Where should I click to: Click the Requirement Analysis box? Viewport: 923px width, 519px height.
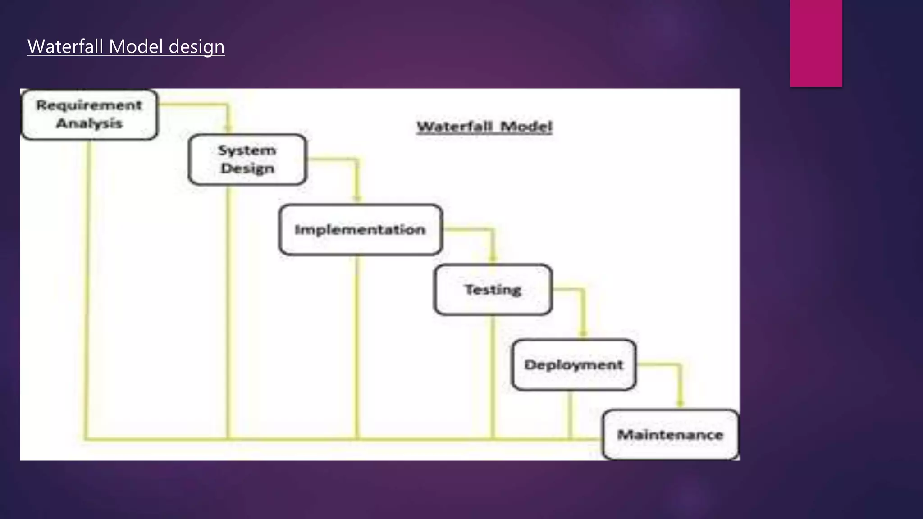coord(89,114)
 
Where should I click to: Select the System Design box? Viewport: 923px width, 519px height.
coord(247,159)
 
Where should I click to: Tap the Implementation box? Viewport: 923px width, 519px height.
coord(360,230)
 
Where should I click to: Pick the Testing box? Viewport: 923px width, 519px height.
coord(493,289)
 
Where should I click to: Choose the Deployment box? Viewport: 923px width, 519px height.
coord(574,364)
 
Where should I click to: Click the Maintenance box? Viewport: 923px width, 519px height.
coord(670,435)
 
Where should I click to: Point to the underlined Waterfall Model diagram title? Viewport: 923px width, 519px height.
coord(484,127)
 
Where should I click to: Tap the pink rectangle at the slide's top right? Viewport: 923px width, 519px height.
coord(816,43)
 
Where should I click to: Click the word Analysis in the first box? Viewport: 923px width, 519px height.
coord(89,123)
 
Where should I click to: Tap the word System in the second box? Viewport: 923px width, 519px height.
coord(247,150)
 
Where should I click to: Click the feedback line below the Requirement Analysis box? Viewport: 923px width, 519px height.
coord(87,288)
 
